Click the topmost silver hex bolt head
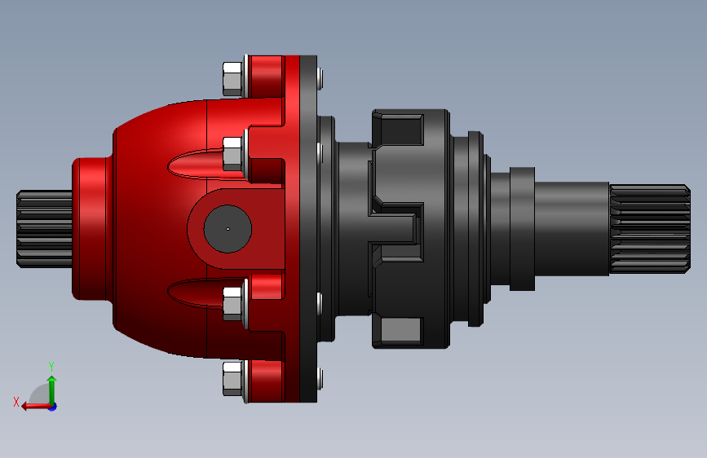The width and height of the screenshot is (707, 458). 232,79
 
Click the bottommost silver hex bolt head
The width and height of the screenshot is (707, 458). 232,378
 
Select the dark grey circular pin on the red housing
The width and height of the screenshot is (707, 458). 228,229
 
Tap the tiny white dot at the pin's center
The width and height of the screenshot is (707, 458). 228,229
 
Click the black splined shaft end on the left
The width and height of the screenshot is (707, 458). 44,229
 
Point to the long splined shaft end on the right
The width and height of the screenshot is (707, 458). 650,229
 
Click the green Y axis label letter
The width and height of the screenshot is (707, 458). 51,367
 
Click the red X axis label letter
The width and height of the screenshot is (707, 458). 16,402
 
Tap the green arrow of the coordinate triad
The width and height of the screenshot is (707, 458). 52,390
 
